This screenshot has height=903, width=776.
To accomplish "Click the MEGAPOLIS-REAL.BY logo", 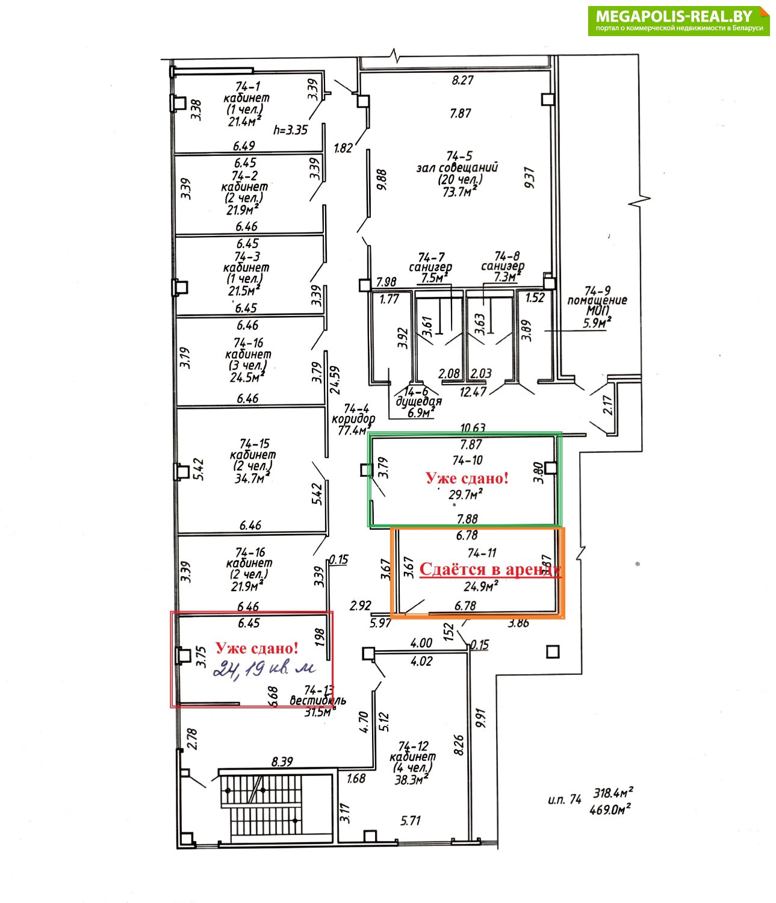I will [678, 20].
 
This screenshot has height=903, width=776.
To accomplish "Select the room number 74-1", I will [247, 86].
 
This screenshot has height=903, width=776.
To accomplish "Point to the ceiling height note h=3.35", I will [291, 129].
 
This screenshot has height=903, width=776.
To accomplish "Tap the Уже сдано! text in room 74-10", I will [467, 479].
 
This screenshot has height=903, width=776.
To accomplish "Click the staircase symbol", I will [261, 805].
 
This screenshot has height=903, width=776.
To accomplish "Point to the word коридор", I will [353, 419].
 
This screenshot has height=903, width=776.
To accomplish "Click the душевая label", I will [418, 402].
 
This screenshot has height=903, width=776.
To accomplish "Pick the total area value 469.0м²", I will [613, 810].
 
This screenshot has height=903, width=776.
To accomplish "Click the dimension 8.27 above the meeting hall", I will [462, 79].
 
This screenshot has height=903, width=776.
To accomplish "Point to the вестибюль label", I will [318, 701].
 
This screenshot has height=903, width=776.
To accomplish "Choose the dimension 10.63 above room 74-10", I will [473, 428].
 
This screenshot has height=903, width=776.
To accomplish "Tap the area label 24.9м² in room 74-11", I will [480, 586].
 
